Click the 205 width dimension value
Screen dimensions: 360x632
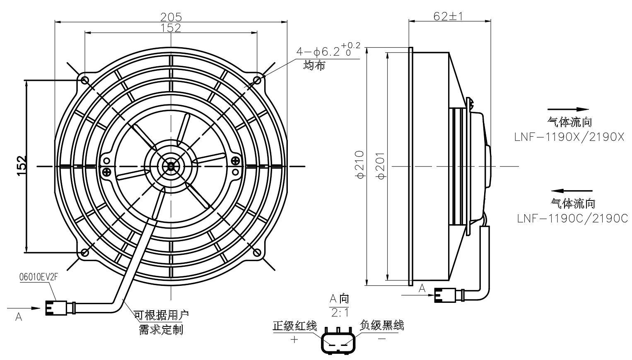(x=171, y=17)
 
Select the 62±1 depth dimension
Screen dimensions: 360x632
(x=448, y=16)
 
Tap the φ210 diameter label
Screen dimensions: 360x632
(x=360, y=164)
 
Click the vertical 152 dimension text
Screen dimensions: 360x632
(x=22, y=166)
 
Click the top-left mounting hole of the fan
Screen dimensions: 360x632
(x=85, y=80)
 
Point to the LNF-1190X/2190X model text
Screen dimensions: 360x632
(x=569, y=137)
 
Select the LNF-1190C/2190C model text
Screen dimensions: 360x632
(x=572, y=218)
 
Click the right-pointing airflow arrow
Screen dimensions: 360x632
(x=568, y=110)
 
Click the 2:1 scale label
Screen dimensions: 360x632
(x=339, y=313)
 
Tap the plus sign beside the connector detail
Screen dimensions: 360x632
(x=294, y=340)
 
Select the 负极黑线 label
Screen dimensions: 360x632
(x=381, y=326)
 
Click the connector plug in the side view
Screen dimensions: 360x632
(x=445, y=295)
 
